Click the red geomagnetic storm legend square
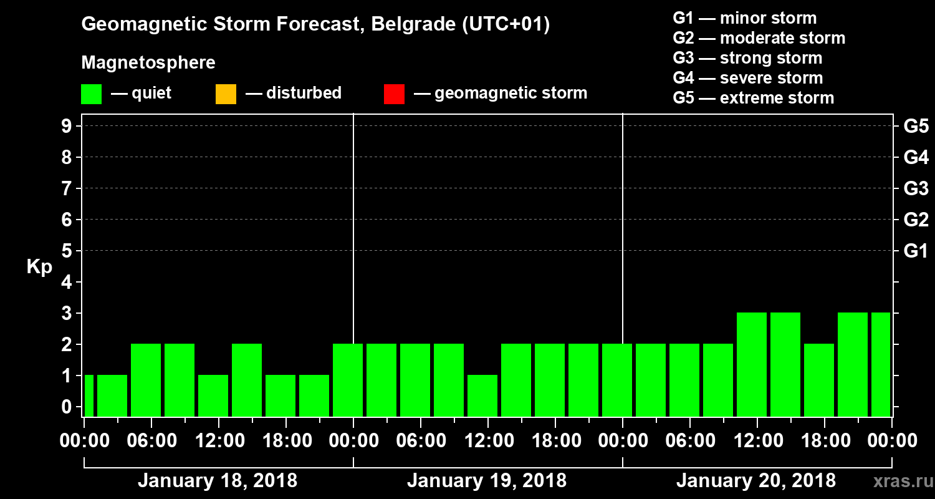(394, 94)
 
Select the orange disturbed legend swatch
(226, 94)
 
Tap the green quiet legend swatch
(91, 94)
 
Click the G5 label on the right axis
(916, 127)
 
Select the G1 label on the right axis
(916, 251)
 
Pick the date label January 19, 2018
(487, 481)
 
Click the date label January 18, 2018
(218, 481)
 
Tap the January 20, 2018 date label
(756, 481)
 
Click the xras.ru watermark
(898, 482)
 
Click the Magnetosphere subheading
(148, 63)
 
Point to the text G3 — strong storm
(747, 58)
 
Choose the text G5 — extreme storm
(753, 98)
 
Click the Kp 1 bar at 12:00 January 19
(482, 395)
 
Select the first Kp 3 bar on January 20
(752, 364)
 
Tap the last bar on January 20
(881, 364)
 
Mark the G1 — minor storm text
(744, 18)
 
